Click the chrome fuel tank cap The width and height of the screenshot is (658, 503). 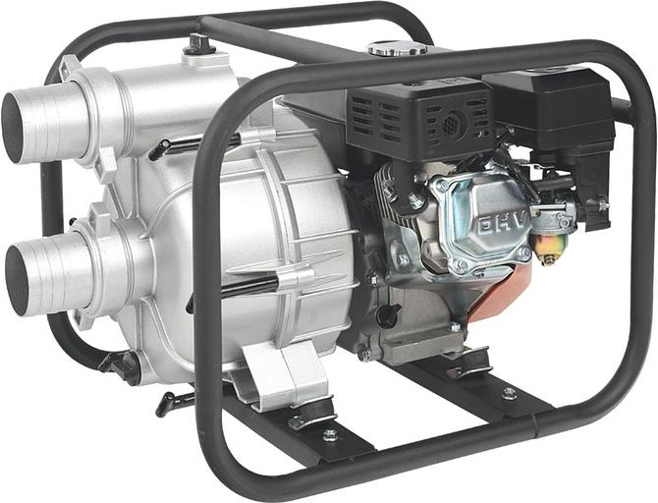(x=397, y=49)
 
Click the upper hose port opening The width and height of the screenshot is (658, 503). (x=12, y=127)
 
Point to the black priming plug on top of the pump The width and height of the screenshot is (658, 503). (x=199, y=44)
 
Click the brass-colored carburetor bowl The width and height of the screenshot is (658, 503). (x=550, y=248)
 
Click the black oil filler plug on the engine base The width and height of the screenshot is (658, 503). (x=388, y=315)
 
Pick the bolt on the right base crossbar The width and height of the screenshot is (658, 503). (x=509, y=393)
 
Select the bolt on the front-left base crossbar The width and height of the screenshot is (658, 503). (x=330, y=435)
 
